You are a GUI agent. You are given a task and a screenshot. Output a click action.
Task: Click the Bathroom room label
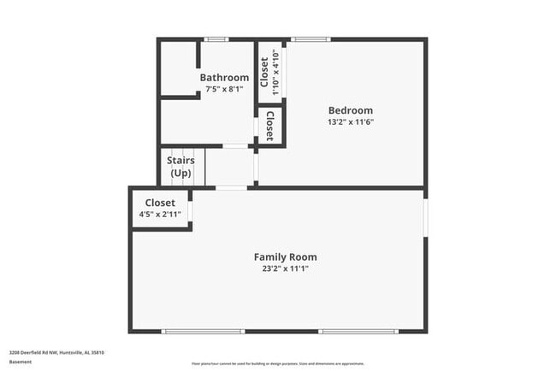click(224, 78)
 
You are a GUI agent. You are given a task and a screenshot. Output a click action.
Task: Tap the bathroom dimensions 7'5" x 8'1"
click(224, 89)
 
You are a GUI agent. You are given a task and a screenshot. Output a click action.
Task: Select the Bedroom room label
click(351, 110)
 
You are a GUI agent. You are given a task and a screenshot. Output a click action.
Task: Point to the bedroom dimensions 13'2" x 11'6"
click(351, 121)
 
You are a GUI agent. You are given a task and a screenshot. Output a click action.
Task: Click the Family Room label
click(285, 256)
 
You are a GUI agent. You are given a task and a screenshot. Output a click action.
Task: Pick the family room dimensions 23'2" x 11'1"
click(285, 268)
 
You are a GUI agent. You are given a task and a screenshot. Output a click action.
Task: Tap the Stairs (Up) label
click(180, 167)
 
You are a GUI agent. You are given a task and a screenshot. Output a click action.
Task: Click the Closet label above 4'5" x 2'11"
click(160, 203)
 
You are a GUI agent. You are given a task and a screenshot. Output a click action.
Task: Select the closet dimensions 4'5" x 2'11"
click(160, 214)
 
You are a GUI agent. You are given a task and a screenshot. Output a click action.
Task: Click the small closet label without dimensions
click(269, 126)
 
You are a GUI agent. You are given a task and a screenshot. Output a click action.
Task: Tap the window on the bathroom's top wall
click(216, 38)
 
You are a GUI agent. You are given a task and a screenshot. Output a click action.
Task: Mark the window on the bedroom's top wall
click(311, 38)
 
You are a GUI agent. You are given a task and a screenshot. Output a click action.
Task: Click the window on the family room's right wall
click(425, 217)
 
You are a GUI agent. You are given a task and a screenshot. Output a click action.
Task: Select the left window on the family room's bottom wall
click(198, 332)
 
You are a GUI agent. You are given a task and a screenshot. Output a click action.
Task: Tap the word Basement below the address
click(21, 362)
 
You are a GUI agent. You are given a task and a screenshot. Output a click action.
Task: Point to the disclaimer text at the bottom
click(277, 362)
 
